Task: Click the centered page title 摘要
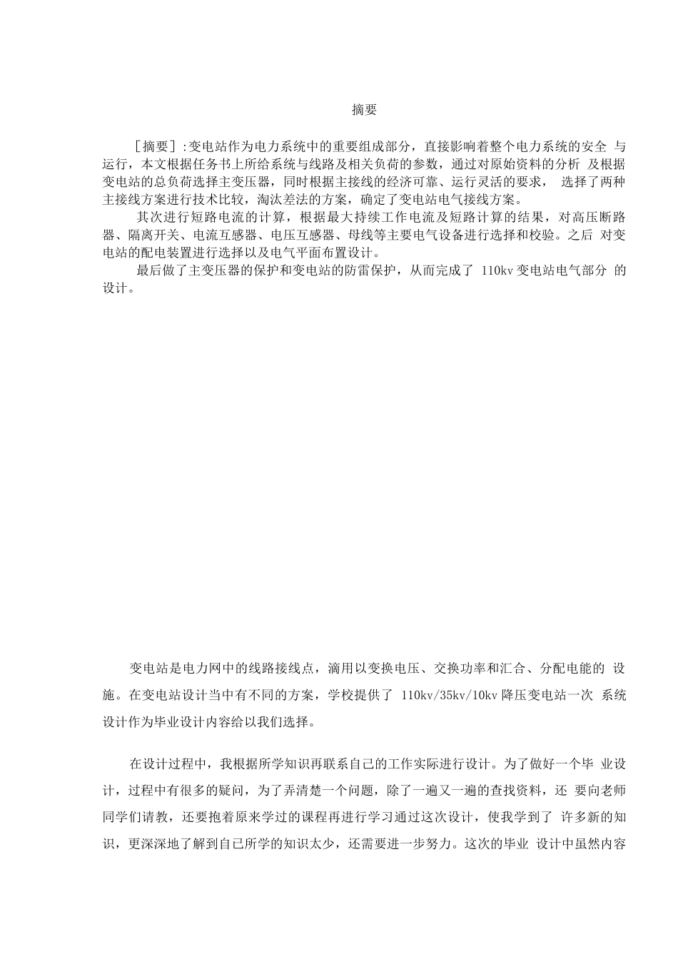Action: (x=364, y=110)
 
